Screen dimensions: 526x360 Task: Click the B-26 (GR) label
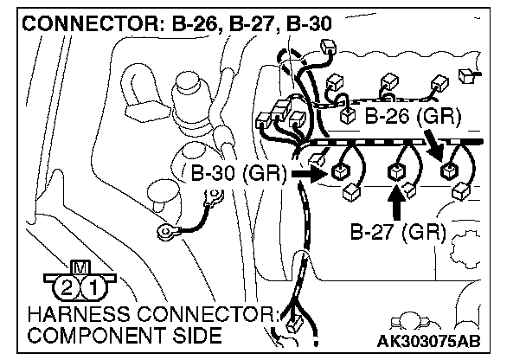[x=412, y=116]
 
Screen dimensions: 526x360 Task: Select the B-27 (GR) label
[x=397, y=231]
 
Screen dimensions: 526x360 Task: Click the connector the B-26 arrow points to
[x=449, y=170]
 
